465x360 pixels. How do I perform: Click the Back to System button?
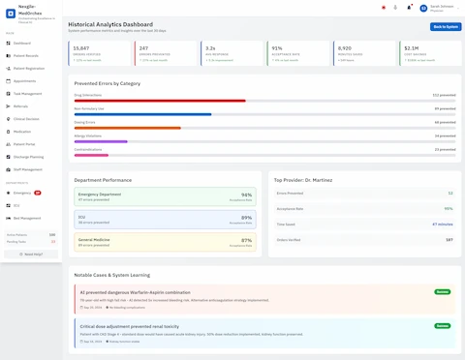446,26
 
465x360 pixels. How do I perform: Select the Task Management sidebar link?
28,93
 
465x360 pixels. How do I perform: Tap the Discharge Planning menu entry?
29,156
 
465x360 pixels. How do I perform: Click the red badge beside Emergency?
38,193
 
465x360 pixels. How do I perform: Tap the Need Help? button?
31,254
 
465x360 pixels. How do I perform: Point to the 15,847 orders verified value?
81,47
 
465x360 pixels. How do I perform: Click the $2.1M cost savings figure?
412,47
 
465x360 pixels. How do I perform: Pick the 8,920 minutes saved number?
345,47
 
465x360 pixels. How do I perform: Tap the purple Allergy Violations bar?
101,141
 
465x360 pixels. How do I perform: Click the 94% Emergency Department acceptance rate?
246,195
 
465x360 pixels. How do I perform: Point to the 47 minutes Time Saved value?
443,224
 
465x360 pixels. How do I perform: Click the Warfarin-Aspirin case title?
136,291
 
